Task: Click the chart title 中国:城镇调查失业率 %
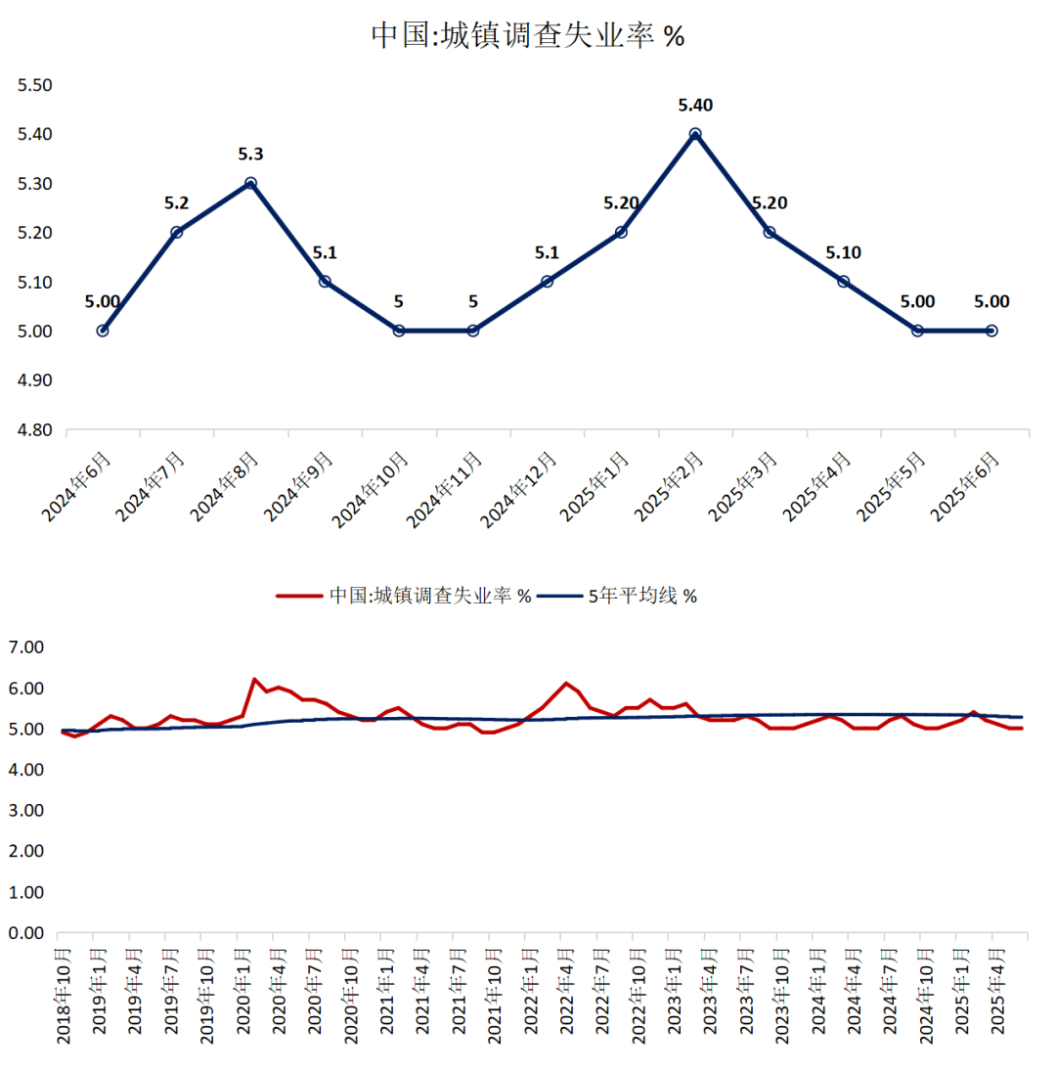527,36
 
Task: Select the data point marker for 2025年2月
695,134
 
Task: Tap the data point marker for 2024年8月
250,183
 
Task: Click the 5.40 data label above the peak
695,105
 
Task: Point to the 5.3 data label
250,154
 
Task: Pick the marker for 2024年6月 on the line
103,331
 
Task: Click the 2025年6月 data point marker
991,331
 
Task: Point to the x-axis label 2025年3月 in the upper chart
743,484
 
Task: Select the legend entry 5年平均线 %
641,596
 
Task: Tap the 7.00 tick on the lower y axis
26,647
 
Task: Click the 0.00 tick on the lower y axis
26,934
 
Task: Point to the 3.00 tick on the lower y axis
26,811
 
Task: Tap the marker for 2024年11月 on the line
473,331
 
